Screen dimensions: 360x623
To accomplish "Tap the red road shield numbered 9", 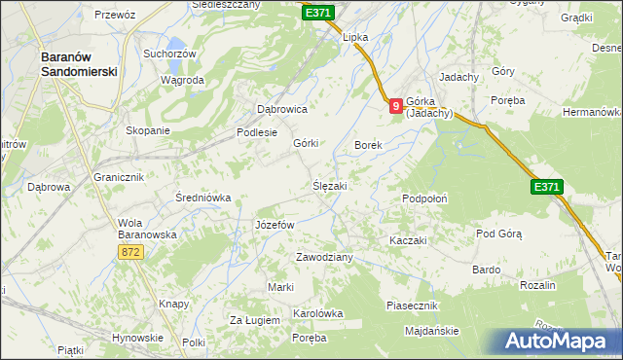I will (396, 106).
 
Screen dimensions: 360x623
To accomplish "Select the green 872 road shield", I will (131, 252).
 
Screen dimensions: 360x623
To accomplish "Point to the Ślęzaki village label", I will (330, 185).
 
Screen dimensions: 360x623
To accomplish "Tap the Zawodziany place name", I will (324, 257).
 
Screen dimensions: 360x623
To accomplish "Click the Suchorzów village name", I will (169, 54).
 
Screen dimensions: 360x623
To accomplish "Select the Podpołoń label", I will (425, 198).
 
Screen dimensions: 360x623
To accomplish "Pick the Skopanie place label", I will (148, 130).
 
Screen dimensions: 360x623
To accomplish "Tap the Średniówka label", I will (202, 198).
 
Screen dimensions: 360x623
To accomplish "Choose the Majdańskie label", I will (431, 331).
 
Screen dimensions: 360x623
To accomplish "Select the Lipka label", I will (354, 37).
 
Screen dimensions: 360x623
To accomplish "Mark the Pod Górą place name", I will (499, 234).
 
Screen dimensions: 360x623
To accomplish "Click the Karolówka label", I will (318, 313).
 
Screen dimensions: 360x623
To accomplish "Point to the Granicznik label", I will (119, 177).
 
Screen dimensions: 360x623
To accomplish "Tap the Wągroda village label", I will (182, 80).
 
